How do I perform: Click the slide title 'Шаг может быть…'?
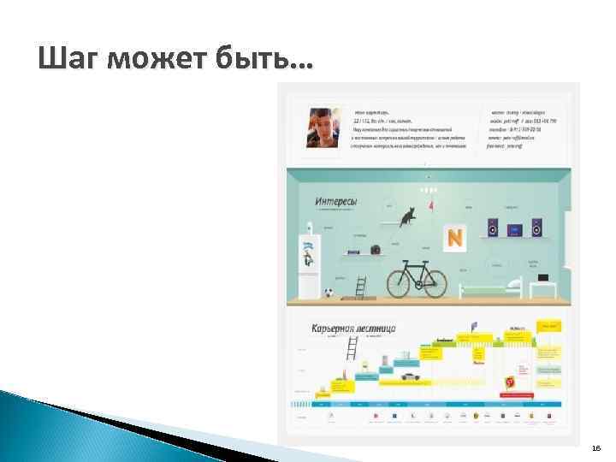(x=175, y=59)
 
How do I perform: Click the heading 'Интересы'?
(x=336, y=203)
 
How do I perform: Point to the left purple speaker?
(x=493, y=228)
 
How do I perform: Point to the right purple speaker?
(x=536, y=228)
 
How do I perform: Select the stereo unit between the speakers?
(x=514, y=228)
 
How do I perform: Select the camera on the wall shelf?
(x=375, y=250)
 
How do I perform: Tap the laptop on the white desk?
(x=544, y=277)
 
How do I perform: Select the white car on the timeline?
(x=409, y=375)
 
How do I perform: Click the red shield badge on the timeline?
(x=510, y=381)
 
